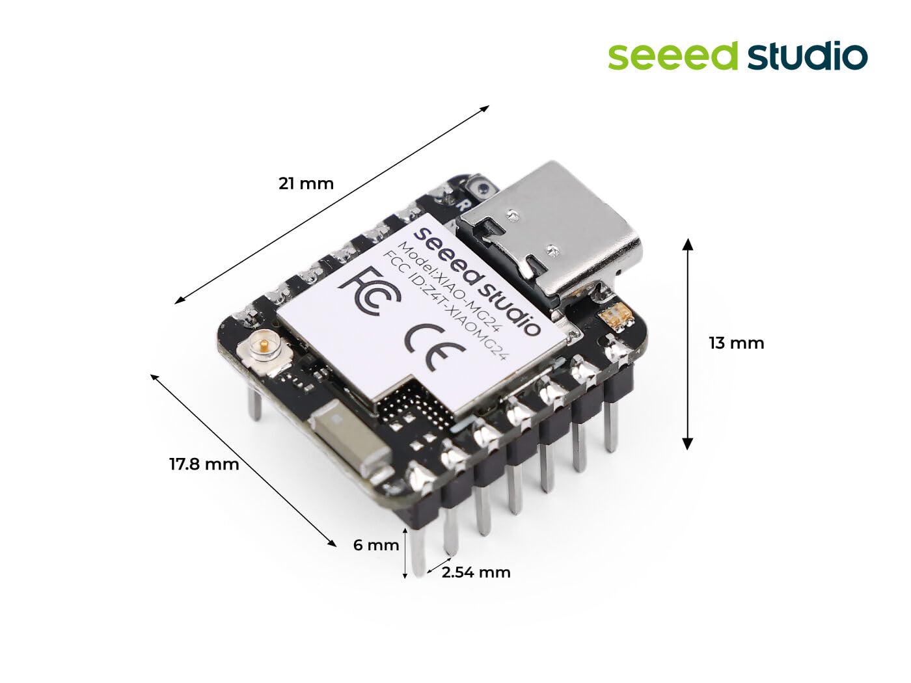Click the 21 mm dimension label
(x=306, y=183)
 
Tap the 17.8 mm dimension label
(x=204, y=464)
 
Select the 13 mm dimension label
(x=736, y=343)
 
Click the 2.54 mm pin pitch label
(x=476, y=572)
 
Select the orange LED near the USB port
(x=616, y=317)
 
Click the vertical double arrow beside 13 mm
(x=687, y=343)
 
